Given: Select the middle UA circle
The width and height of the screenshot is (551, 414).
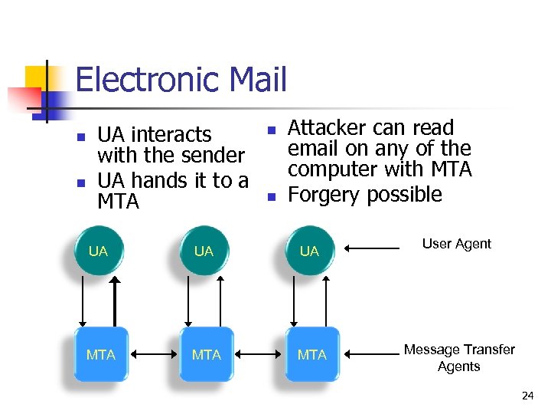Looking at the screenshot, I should tap(204, 251).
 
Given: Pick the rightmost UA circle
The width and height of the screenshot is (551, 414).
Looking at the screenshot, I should tap(309, 251).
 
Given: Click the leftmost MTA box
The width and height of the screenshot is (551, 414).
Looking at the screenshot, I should tap(100, 354).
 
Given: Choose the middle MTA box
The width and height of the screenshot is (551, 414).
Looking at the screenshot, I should tap(206, 354).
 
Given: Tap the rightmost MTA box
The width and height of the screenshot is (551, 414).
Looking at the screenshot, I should tap(311, 354).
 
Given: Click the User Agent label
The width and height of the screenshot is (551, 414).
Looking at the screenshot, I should tap(456, 244).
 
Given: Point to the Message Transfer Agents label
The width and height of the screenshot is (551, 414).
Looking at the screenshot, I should tap(459, 357).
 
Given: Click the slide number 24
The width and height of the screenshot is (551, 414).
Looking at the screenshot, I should tap(527, 396).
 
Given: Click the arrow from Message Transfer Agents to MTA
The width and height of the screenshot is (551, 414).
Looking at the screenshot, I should tap(373, 354).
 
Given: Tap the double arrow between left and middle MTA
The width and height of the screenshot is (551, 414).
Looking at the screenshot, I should tap(153, 354).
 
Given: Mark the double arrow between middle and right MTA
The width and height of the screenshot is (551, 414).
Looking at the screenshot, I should tap(259, 354).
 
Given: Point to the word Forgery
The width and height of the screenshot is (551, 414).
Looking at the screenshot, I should tap(324, 195).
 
